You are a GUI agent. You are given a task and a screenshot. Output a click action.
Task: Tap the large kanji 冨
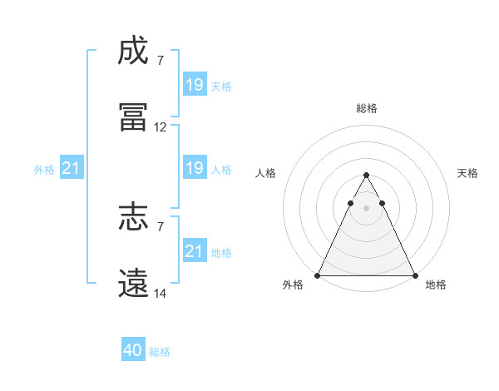point(133,118)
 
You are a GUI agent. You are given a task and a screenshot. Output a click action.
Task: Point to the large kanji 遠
point(133,285)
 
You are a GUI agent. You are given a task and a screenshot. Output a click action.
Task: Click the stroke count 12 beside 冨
point(161,127)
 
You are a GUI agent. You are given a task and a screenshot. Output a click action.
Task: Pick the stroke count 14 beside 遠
point(161,294)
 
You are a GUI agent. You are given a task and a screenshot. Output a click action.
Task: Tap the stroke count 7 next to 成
point(161,60)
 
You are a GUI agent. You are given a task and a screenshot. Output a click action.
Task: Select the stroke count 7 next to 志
point(161,225)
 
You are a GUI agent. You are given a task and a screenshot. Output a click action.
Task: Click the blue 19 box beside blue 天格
point(195,85)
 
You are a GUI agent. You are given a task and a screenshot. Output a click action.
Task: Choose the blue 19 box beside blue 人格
point(195,168)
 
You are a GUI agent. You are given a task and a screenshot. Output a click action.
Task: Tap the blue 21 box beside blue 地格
point(195,251)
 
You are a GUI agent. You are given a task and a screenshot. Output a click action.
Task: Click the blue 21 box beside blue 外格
point(72,168)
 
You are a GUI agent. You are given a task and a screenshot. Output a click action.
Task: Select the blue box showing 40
point(133,351)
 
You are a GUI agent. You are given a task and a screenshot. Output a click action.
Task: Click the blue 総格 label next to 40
point(160,352)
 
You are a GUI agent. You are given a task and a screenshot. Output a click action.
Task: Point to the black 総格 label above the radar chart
point(367,108)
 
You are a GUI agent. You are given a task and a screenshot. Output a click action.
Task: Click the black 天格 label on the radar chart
point(468,173)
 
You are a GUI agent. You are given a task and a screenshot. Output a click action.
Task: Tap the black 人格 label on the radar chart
point(266,173)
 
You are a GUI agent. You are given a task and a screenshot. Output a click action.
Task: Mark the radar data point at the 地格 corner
point(415,275)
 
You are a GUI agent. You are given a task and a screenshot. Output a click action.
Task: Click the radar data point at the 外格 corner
point(318,275)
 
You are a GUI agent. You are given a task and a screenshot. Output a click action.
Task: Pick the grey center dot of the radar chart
point(366,208)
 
